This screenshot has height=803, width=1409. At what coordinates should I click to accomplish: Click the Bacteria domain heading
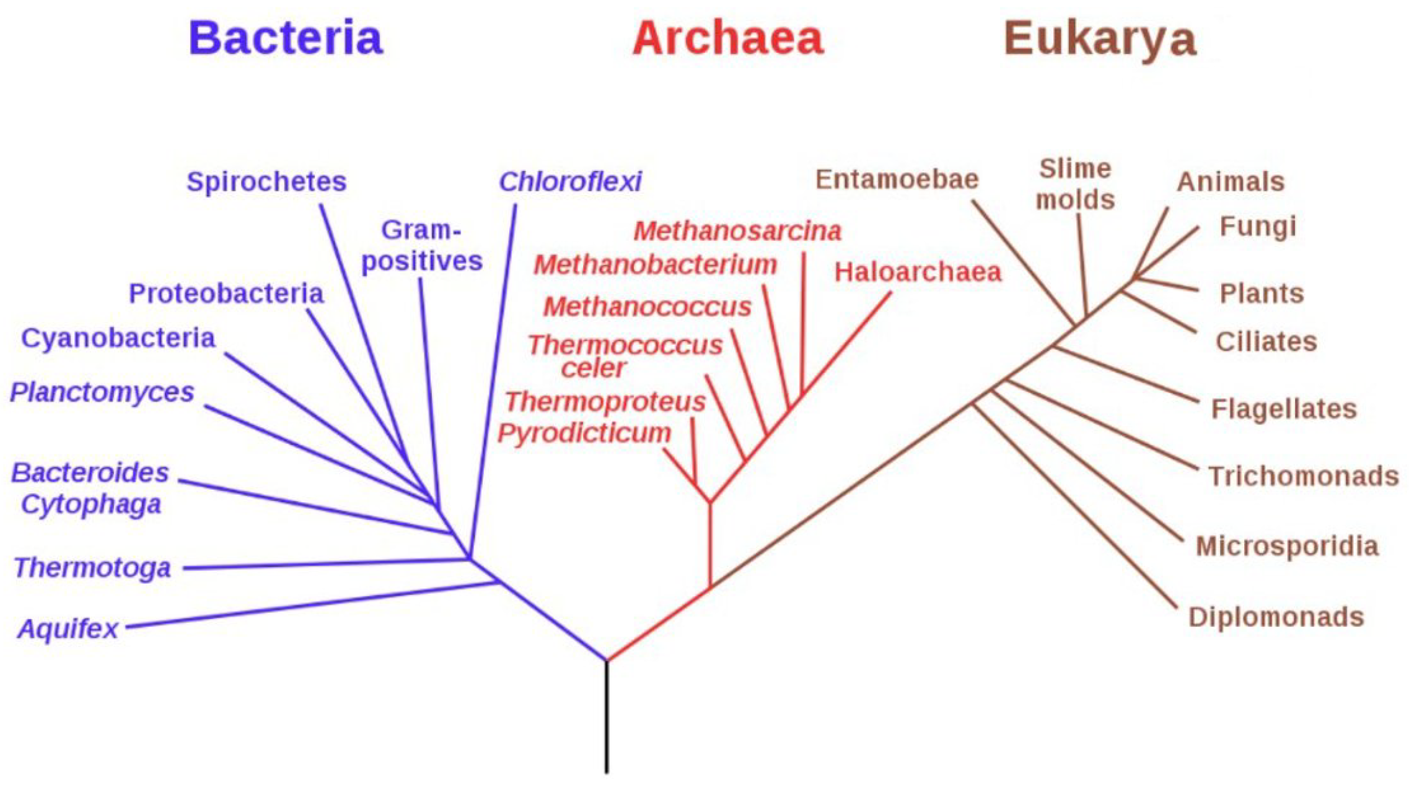pyautogui.click(x=286, y=38)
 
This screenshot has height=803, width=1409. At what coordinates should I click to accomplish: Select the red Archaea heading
pyautogui.click(x=727, y=38)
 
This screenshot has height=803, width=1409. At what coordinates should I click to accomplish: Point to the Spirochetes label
pyautogui.click(x=266, y=182)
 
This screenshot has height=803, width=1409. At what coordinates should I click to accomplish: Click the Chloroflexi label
pyautogui.click(x=570, y=182)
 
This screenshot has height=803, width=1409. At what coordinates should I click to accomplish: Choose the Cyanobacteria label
pyautogui.click(x=118, y=339)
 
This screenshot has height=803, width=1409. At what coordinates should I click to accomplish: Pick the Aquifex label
pyautogui.click(x=68, y=629)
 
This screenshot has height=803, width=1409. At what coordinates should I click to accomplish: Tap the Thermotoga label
pyautogui.click(x=92, y=568)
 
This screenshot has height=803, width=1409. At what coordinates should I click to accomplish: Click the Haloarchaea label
pyautogui.click(x=918, y=272)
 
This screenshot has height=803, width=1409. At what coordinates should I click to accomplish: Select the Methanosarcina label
pyautogui.click(x=737, y=232)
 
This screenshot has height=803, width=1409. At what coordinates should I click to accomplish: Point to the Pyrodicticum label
pyautogui.click(x=584, y=433)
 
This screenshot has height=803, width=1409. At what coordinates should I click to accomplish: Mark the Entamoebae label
pyautogui.click(x=897, y=180)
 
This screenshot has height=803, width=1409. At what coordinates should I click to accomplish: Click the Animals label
pyautogui.click(x=1231, y=182)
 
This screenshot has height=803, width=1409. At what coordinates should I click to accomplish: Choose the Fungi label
pyautogui.click(x=1258, y=227)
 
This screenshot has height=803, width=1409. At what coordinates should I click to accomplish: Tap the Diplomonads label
pyautogui.click(x=1276, y=617)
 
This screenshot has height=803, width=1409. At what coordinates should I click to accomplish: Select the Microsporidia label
pyautogui.click(x=1287, y=547)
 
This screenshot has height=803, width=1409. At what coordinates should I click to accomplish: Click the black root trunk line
pyautogui.click(x=607, y=718)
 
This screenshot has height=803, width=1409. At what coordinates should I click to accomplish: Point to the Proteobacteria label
pyautogui.click(x=226, y=293)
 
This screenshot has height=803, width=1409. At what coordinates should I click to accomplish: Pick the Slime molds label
pyautogui.click(x=1075, y=184)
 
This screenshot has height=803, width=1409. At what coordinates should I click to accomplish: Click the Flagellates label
pyautogui.click(x=1284, y=409)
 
